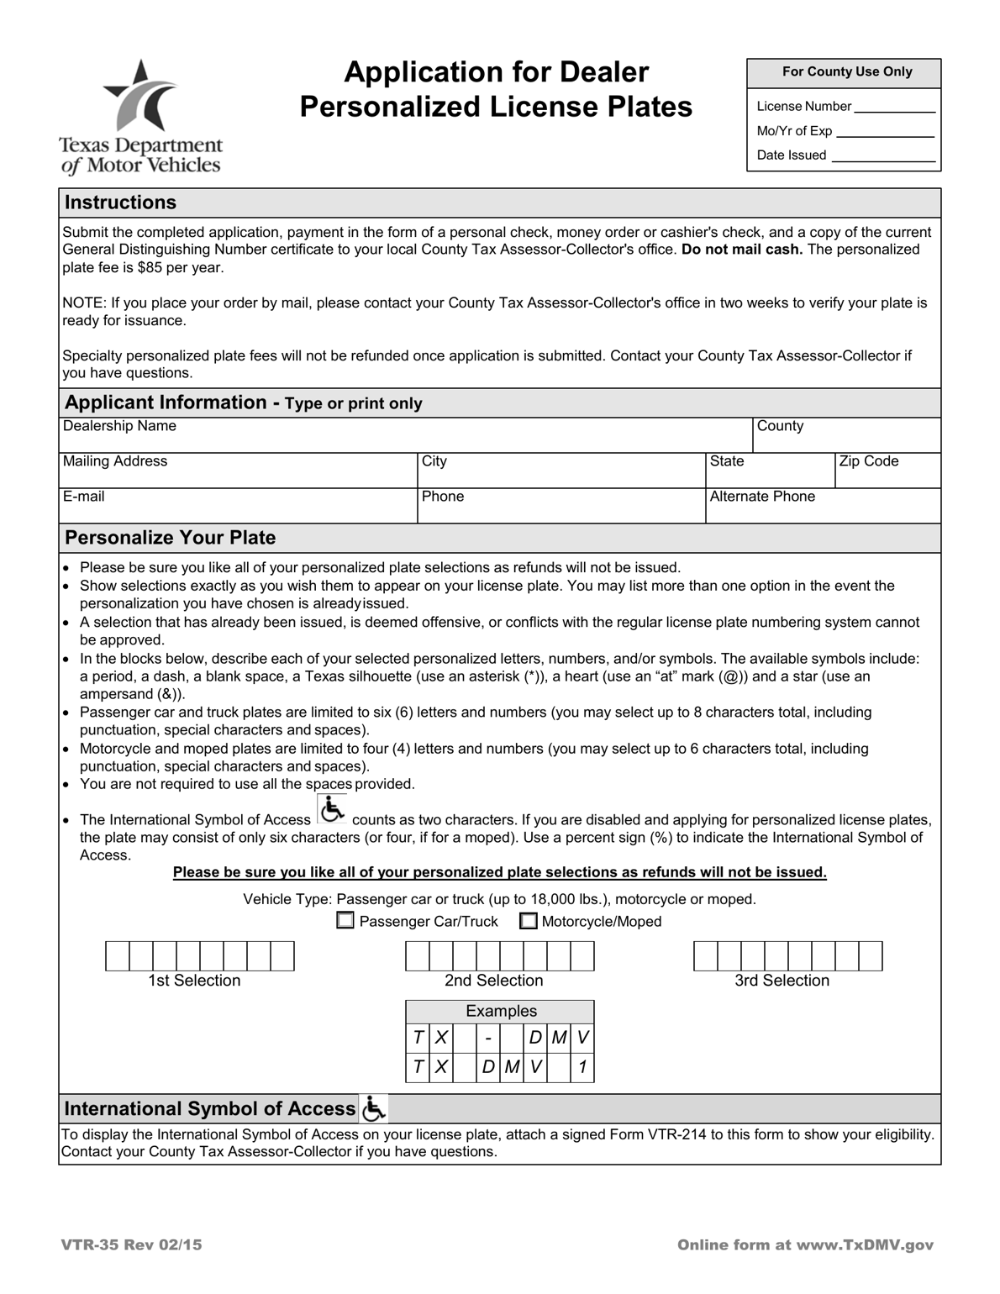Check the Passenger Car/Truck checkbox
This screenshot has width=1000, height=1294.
click(345, 921)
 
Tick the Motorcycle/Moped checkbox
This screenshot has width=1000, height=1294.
click(528, 921)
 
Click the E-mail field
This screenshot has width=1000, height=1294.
click(238, 510)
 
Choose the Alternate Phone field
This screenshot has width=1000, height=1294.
click(822, 510)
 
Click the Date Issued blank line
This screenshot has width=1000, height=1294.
click(882, 156)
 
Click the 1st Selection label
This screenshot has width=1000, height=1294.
click(194, 981)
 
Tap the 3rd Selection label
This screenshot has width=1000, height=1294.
click(782, 981)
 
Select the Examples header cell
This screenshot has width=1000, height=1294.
click(501, 1011)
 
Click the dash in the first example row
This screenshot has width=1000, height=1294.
click(487, 1039)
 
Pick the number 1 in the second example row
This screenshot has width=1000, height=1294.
click(582, 1068)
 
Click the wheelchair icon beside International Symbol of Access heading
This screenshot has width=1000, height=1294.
click(373, 1109)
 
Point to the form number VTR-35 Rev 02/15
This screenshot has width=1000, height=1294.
click(131, 1245)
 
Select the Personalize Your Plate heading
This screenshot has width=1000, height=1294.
click(171, 538)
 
